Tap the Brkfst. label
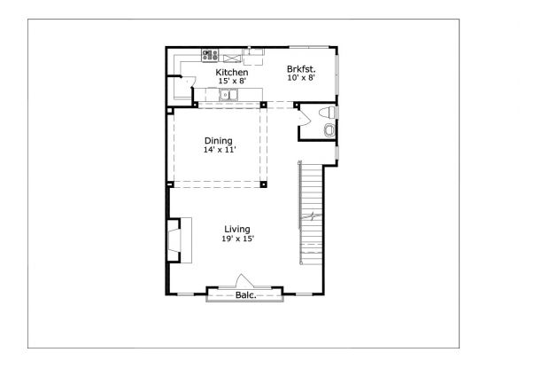pyautogui.click(x=301, y=68)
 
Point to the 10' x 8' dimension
pyautogui.click(x=301, y=78)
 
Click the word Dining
pyautogui.click(x=218, y=140)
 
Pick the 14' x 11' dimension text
pyautogui.click(x=218, y=150)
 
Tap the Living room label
pyautogui.click(x=236, y=229)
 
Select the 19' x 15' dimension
pyautogui.click(x=237, y=239)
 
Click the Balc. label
pyautogui.click(x=245, y=295)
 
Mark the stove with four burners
pyautogui.click(x=210, y=54)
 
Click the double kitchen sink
pyautogui.click(x=231, y=93)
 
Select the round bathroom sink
pyautogui.click(x=329, y=130)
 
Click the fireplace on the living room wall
pyautogui.click(x=175, y=239)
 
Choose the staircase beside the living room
pyautogui.click(x=312, y=213)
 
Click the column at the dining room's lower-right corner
pyautogui.click(x=264, y=184)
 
